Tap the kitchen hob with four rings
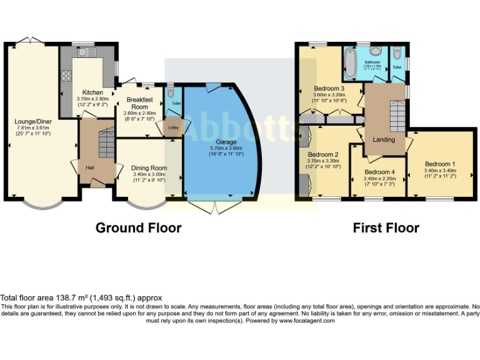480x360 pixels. point(66,77)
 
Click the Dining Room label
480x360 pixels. point(149,167)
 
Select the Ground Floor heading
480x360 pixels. point(138,227)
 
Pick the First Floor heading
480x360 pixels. point(386,227)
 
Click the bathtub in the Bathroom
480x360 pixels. point(349,64)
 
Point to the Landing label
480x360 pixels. point(384,139)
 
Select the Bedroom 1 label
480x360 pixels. point(440,164)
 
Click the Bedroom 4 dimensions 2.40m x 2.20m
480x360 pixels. point(380,178)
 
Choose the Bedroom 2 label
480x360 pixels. point(323,154)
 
